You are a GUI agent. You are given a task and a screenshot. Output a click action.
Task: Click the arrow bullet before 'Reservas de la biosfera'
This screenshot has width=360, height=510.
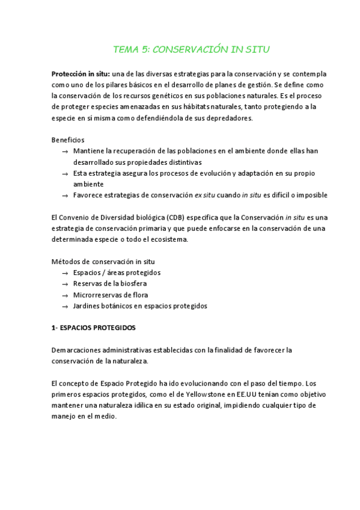click(x=64, y=284)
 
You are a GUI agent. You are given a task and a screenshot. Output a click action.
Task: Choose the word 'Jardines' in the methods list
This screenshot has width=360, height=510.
click(x=87, y=306)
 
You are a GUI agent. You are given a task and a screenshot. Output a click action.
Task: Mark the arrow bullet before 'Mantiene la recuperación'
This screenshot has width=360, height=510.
click(x=64, y=152)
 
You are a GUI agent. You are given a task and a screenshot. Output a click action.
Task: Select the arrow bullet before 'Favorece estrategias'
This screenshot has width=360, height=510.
click(x=64, y=196)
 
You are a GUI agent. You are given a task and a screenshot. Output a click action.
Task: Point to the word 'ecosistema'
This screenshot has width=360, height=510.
click(x=168, y=239)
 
